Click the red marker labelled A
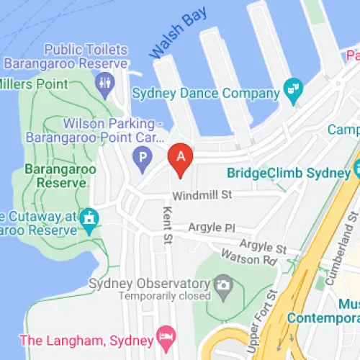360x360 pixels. [x=181, y=158]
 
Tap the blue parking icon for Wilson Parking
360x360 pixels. [x=143, y=156]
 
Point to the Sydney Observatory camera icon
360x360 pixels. [x=223, y=283]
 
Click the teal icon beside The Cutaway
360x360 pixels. [x=89, y=217]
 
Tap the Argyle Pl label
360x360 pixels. [x=212, y=228]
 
